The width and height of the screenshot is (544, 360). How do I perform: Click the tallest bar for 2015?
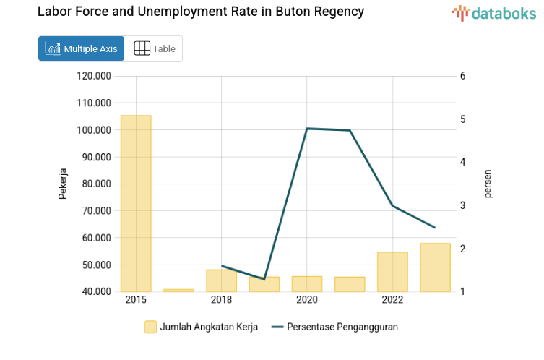tap(136, 203)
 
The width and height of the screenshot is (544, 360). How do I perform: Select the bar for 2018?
tap(221, 280)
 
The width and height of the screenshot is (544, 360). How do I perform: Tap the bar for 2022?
tap(392, 272)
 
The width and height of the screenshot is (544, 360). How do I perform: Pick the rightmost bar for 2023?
tap(435, 267)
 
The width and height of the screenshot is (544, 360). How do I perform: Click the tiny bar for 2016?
tap(178, 290)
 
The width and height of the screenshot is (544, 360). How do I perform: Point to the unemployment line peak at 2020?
tap(307, 129)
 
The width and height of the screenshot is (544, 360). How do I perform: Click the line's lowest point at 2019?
tap(264, 279)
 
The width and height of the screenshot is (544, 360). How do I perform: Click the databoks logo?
tap(494, 12)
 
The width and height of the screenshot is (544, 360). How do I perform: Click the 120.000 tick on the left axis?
tap(94, 76)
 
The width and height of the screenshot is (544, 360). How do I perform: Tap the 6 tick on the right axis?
tap(462, 76)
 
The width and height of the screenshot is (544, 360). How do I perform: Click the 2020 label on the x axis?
tap(307, 300)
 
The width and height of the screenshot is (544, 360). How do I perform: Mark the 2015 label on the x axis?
tap(136, 300)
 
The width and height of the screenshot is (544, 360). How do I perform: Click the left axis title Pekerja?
tap(63, 184)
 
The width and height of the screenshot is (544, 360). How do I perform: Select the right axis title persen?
tap(488, 184)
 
